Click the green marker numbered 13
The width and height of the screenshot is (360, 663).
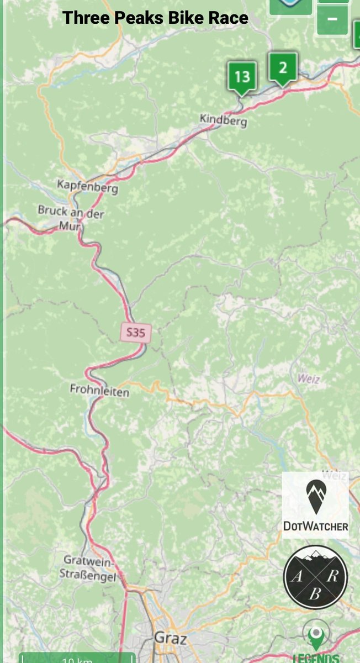click(x=242, y=76)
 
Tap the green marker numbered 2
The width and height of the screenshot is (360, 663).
click(x=283, y=68)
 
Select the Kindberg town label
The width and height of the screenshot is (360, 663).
click(x=224, y=119)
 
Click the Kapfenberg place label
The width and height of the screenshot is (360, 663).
click(x=88, y=188)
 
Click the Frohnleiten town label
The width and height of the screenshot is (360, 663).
click(x=99, y=392)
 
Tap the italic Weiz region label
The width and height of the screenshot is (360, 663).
click(x=308, y=379)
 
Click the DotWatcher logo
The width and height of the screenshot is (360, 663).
click(x=315, y=505)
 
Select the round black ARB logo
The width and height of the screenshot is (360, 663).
click(x=315, y=576)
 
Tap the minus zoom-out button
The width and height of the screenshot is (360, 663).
click(x=332, y=18)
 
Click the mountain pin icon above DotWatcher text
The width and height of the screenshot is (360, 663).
click(x=315, y=496)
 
